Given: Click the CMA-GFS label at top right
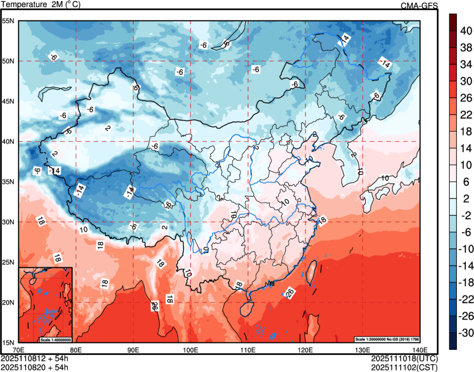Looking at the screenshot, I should pyautogui.click(x=419, y=6).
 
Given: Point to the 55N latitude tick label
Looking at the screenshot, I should pyautogui.click(x=8, y=21).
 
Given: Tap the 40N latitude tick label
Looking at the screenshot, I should pyautogui.click(x=8, y=142).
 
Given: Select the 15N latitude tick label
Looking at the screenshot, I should pyautogui.click(x=8, y=343).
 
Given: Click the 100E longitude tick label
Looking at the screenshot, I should pyautogui.click(x=190, y=350).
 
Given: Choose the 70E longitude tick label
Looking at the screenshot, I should pyautogui.click(x=18, y=350).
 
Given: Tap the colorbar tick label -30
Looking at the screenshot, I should pyautogui.click(x=467, y=333).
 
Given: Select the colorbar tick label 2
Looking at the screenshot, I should pyautogui.click(x=464, y=198).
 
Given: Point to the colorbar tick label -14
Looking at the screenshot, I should pyautogui.click(x=467, y=266).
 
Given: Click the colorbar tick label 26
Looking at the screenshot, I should pyautogui.click(x=466, y=98).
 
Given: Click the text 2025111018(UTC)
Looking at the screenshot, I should pyautogui.click(x=406, y=358).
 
